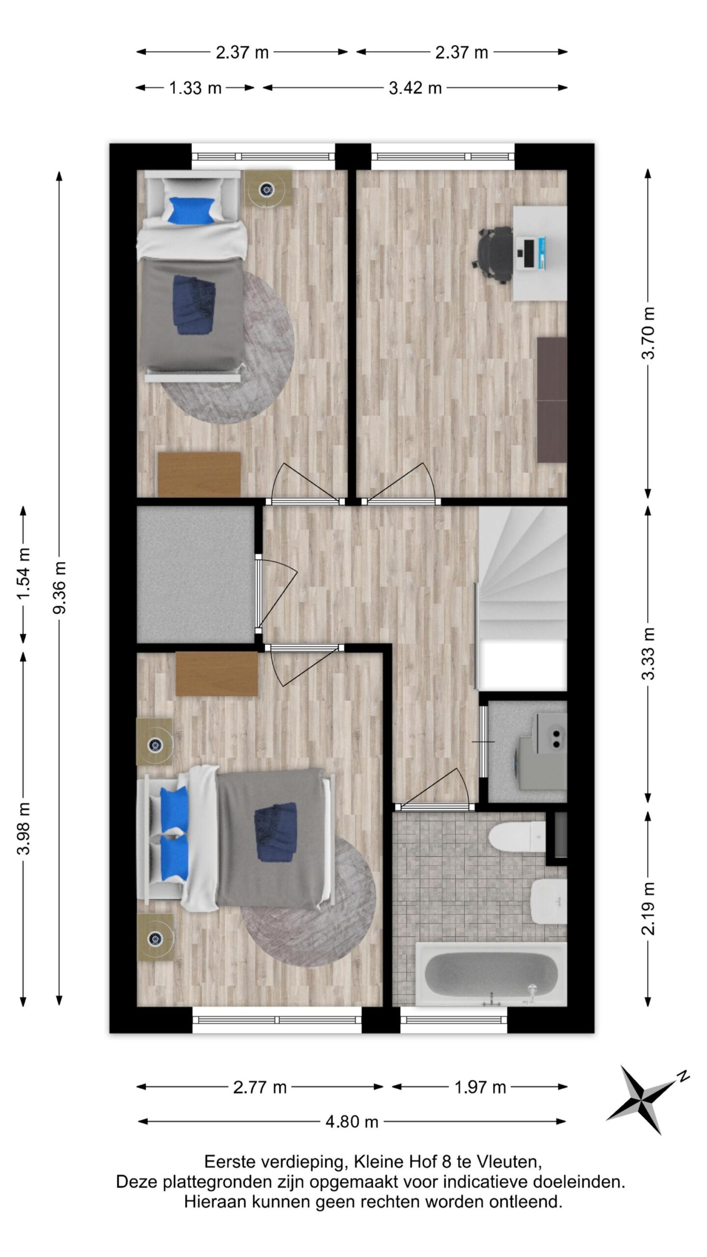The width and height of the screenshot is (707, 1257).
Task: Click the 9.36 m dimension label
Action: coord(60,588)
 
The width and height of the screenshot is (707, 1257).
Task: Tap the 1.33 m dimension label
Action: coord(195,88)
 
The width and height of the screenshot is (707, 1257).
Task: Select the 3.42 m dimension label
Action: coord(415,88)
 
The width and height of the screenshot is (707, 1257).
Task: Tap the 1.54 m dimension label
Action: coord(24,573)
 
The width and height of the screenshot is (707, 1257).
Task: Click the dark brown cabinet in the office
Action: coord(552,399)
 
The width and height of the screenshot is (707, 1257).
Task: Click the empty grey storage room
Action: coord(195,574)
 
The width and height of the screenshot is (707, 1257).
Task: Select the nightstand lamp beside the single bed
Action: coord(268,188)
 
